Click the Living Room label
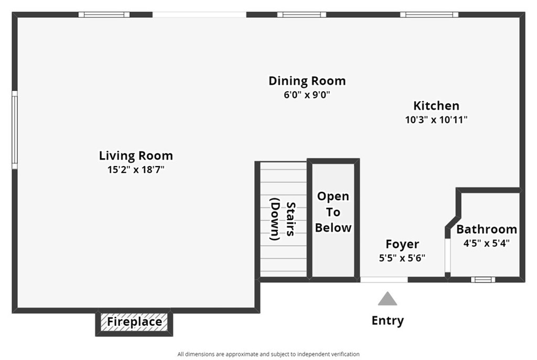click(x=136, y=156)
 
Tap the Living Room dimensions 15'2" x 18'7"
click(x=136, y=169)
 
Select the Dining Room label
click(x=307, y=81)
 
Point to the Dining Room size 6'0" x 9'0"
click(x=307, y=95)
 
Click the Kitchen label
click(x=436, y=106)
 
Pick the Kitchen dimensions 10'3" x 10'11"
click(x=436, y=119)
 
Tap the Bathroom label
click(x=486, y=230)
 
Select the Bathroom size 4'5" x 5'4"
click(x=486, y=243)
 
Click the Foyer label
click(x=402, y=244)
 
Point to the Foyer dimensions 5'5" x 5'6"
click(x=402, y=258)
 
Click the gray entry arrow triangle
click(x=388, y=299)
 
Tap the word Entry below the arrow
click(x=388, y=321)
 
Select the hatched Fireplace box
click(x=134, y=322)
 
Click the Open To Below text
click(x=333, y=212)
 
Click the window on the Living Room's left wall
click(x=15, y=129)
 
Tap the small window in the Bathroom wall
click(x=482, y=279)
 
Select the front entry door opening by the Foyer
click(x=384, y=279)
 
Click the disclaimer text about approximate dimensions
click(x=268, y=354)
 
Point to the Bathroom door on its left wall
click(x=447, y=256)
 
